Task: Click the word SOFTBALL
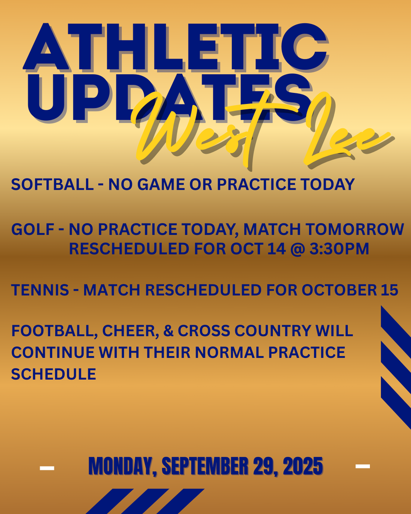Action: (52, 184)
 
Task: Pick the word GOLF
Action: (33, 229)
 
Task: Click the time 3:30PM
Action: (339, 249)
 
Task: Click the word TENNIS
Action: (40, 290)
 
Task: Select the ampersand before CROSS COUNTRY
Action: (168, 331)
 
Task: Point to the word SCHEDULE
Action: (54, 374)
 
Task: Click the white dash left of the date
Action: (47, 468)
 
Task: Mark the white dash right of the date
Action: (362, 466)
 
